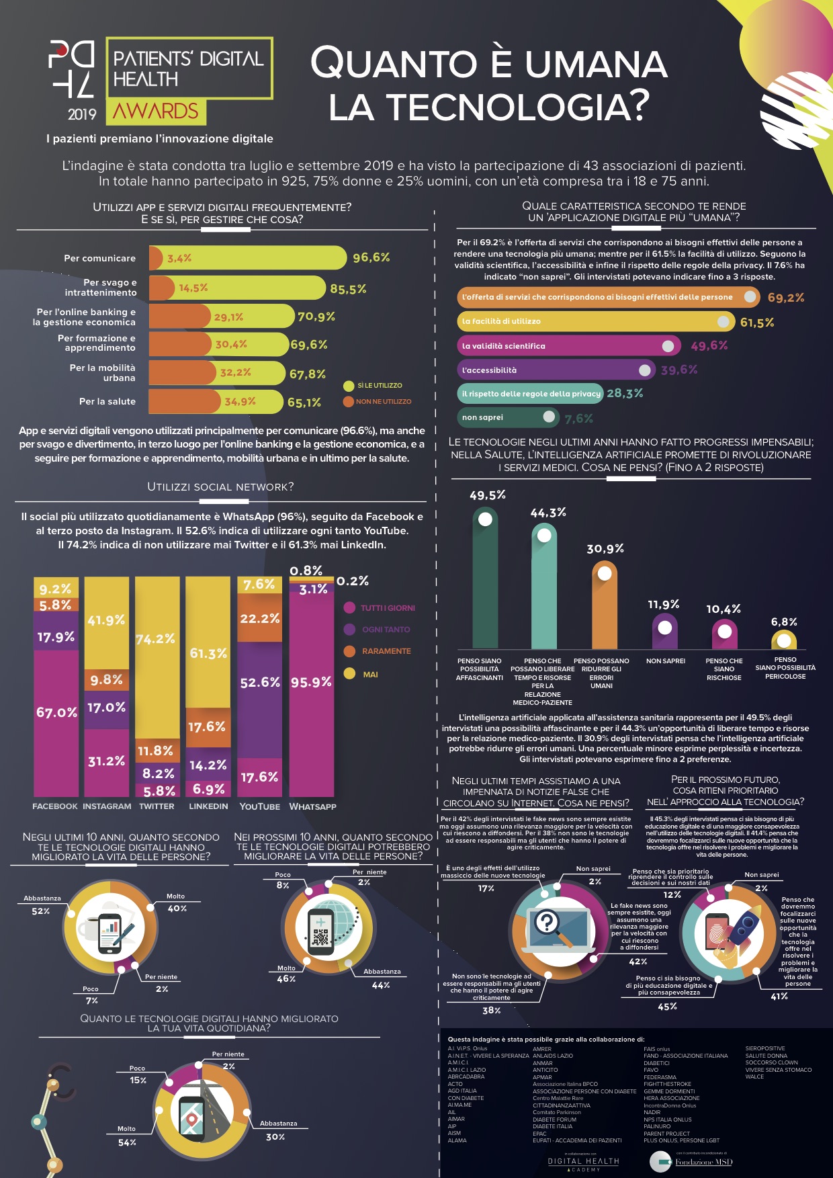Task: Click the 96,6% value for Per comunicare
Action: click(x=371, y=257)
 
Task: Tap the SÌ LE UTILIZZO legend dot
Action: click(x=348, y=386)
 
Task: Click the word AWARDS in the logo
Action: click(x=156, y=112)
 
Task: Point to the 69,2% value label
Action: click(x=785, y=298)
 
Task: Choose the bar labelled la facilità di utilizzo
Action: click(x=595, y=321)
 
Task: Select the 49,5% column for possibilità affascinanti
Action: click(x=485, y=578)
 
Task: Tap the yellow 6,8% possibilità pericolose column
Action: click(x=784, y=639)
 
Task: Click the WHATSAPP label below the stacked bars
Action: click(x=312, y=806)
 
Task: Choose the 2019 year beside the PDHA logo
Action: click(x=82, y=114)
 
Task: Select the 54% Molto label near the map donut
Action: click(x=127, y=1142)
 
